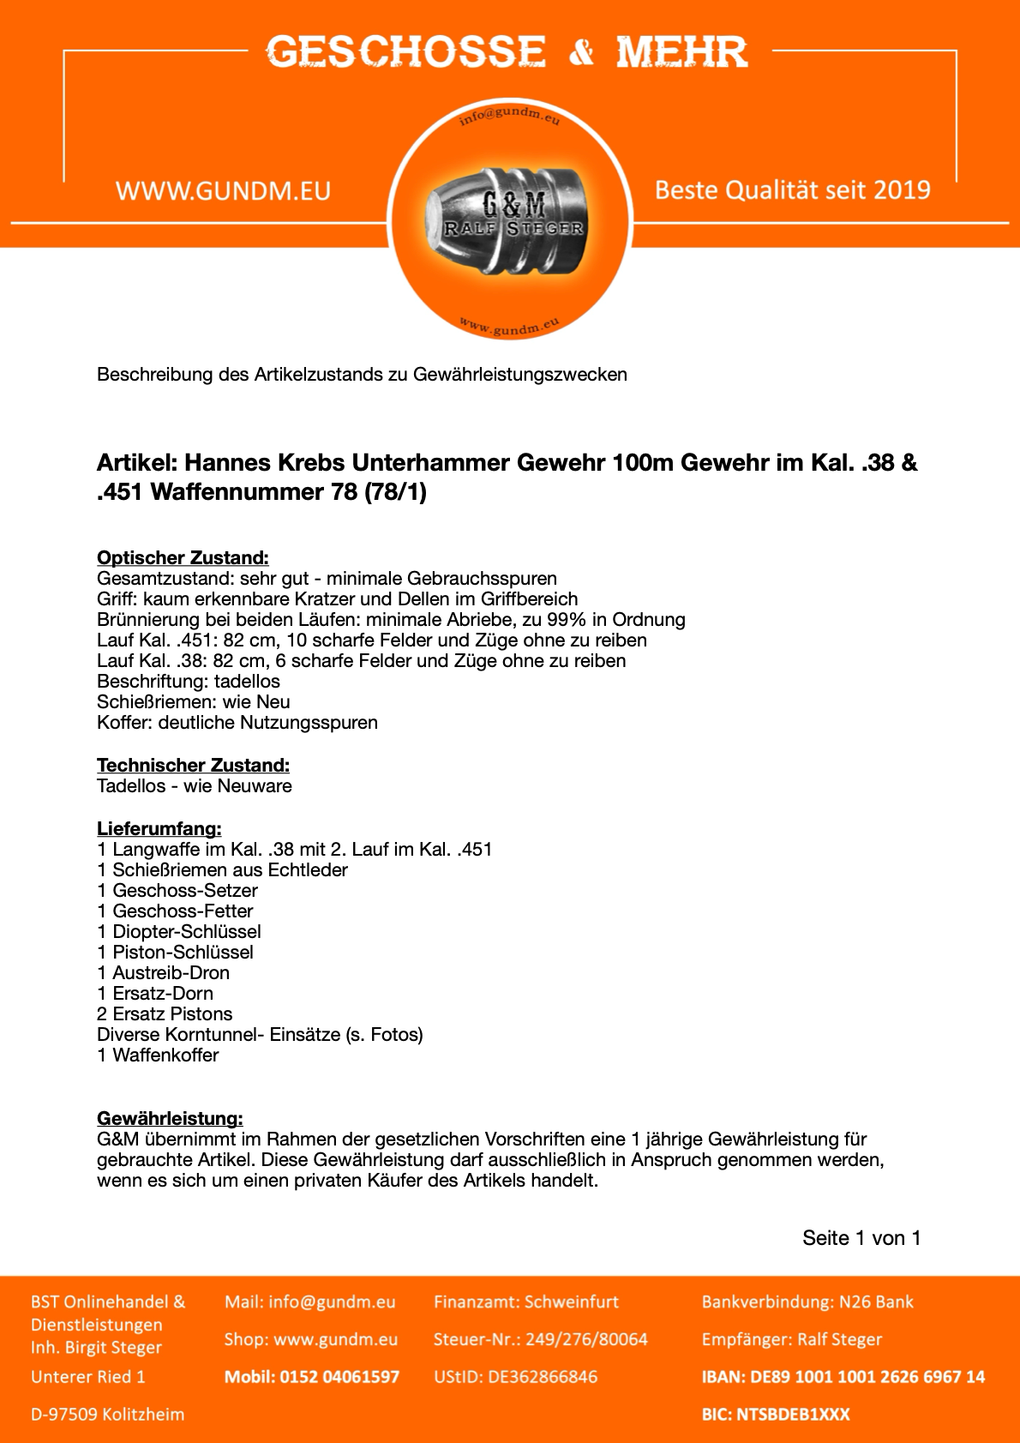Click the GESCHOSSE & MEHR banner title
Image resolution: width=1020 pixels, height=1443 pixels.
pos(506,52)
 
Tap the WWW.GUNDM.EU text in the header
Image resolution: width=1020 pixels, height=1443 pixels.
pos(223,190)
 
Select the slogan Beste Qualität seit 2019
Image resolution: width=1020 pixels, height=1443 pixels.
pos(792,189)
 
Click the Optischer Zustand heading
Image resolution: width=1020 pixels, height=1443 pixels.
pos(183,558)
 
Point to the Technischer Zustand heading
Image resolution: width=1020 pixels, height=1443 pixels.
pos(193,766)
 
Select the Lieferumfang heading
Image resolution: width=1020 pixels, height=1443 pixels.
pos(159,829)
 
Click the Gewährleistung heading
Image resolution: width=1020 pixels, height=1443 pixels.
pos(170,1119)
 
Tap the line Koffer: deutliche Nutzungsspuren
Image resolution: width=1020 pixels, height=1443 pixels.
pos(237,723)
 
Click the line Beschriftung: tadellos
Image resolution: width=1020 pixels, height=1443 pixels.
pos(189,682)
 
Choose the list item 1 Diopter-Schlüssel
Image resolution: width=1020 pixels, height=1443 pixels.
pos(179,932)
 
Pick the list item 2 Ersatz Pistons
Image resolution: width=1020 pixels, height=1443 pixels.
pos(165,1014)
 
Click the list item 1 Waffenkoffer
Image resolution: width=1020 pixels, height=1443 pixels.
pos(158,1055)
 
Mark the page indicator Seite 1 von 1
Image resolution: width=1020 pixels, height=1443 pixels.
pos(861,1238)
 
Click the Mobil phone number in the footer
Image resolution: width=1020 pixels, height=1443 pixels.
pos(312,1377)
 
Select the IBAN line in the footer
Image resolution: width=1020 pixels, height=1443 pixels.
pos(843,1377)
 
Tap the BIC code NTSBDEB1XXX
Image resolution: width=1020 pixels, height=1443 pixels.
pos(776,1415)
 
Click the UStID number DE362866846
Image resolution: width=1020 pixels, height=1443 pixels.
pos(515,1377)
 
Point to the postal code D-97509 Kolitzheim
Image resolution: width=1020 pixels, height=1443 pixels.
pos(108,1415)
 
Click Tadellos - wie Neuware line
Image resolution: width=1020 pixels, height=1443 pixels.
pos(195,786)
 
